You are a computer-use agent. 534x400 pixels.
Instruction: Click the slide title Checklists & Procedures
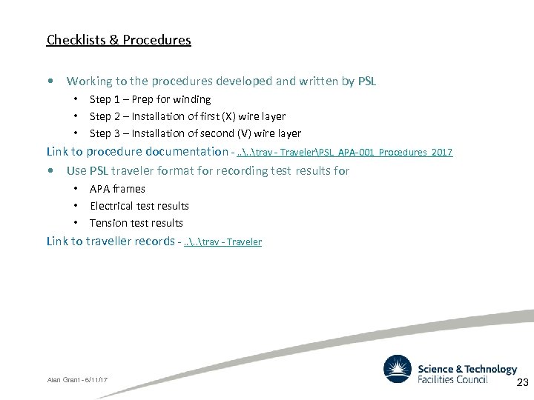coord(119,40)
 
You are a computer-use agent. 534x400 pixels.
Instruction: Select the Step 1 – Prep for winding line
coord(150,99)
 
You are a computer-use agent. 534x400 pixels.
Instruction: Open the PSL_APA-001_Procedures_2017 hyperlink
coord(343,152)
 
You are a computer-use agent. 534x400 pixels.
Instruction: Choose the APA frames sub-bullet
coord(117,189)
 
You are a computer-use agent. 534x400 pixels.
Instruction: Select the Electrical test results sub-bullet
coord(139,206)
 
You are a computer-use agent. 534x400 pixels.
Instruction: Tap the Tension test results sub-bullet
coord(136,223)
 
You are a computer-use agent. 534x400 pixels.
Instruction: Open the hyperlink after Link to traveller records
coord(222,241)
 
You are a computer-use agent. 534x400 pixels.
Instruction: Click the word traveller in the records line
coord(108,241)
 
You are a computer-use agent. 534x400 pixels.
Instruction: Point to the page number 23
coord(522,383)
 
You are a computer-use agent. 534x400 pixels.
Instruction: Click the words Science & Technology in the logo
coord(467,369)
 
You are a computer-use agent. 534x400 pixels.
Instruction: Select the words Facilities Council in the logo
coord(453,380)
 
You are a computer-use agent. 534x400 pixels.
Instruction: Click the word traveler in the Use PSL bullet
coord(153,170)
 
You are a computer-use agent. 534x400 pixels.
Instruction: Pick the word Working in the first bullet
coord(90,81)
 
